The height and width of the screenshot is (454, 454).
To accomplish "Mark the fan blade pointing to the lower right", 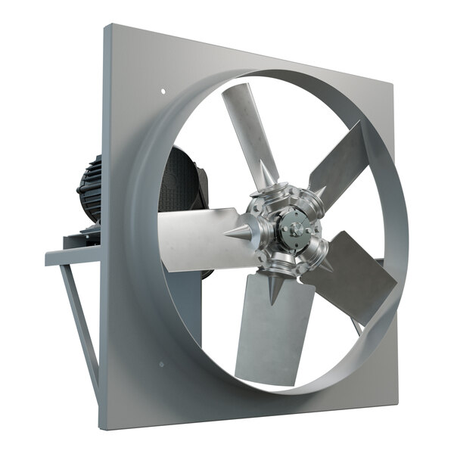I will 352,276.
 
